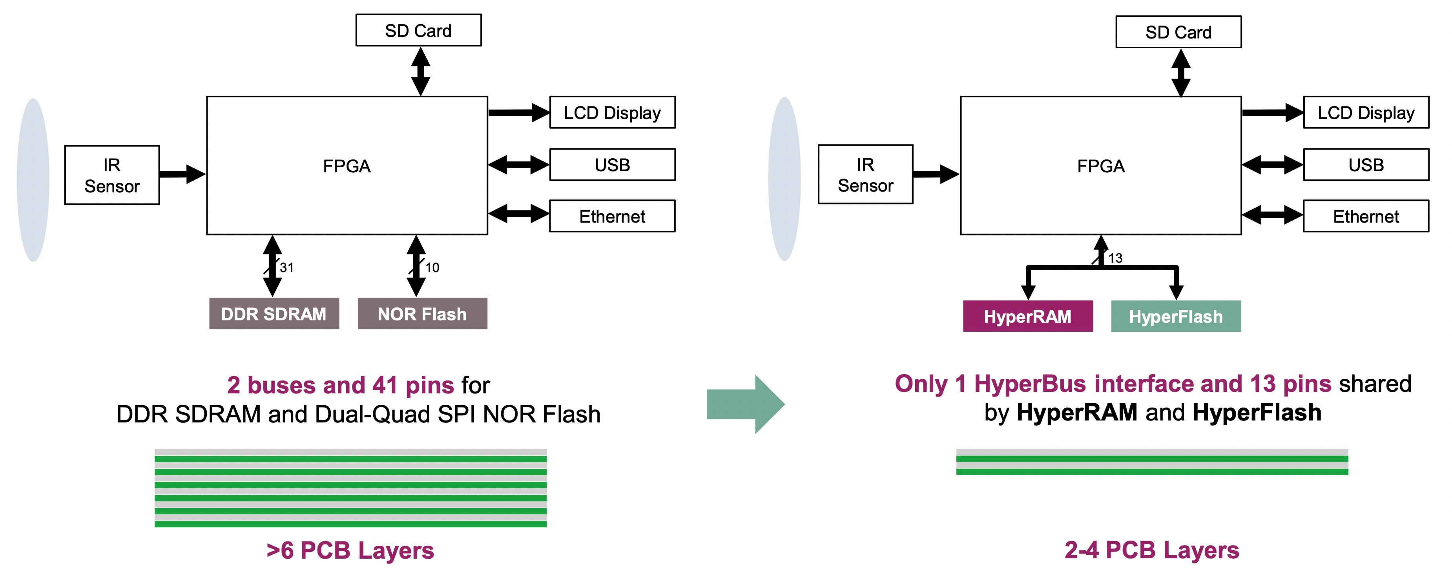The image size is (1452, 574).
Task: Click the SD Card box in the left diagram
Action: [418, 31]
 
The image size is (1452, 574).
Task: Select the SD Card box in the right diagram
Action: [1178, 32]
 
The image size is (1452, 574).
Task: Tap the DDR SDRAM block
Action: [274, 313]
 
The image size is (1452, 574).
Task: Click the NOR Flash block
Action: [422, 313]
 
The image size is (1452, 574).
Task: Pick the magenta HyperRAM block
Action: [1027, 316]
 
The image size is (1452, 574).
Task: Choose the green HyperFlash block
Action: [1176, 316]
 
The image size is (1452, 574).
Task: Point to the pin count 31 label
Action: [286, 267]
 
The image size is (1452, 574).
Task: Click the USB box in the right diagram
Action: [1366, 165]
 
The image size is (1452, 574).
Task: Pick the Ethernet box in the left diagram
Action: [612, 216]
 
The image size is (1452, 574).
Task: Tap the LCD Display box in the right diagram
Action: [1366, 113]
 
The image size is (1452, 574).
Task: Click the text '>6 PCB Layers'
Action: [350, 550]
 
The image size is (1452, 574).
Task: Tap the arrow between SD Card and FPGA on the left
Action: [421, 71]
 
